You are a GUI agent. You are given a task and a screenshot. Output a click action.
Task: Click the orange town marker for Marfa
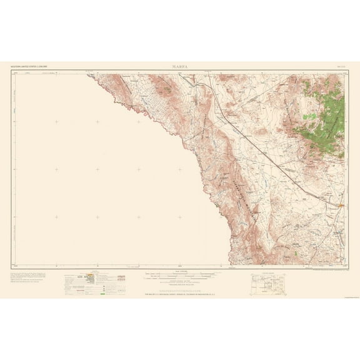pos(341,205)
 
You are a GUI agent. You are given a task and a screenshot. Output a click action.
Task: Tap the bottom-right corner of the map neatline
pos(347,265)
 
